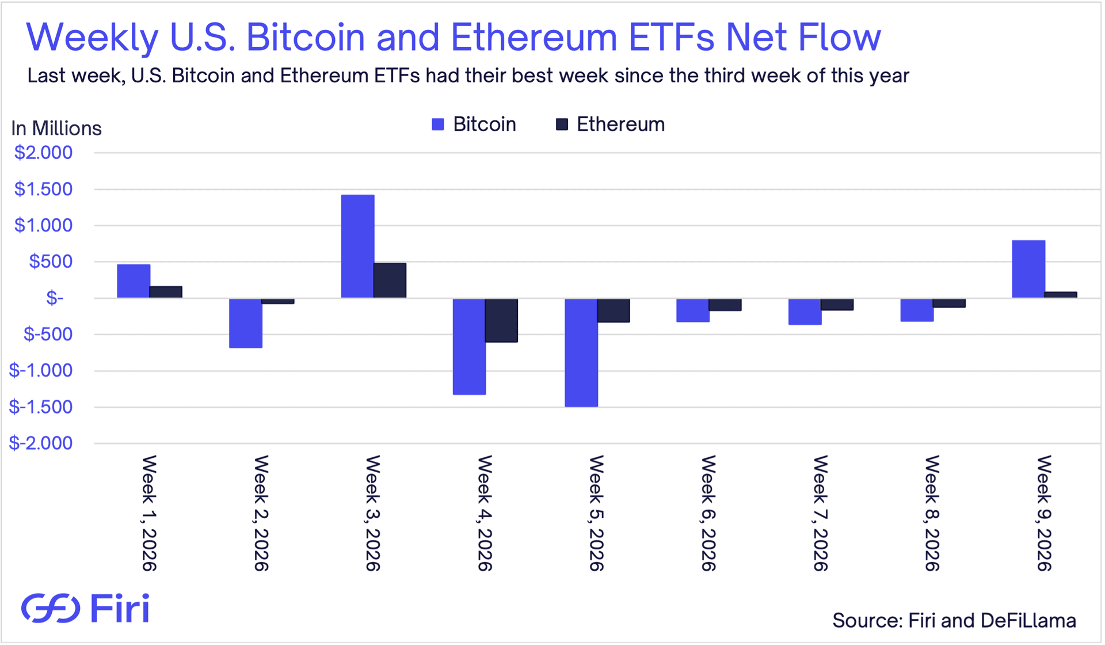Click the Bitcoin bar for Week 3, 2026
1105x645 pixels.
pos(357,246)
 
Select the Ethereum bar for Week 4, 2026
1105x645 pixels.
pos(501,320)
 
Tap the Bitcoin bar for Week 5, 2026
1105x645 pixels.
pos(581,352)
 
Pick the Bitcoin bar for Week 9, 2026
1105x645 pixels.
pos(1028,269)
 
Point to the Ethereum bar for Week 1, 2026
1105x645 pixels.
pos(166,292)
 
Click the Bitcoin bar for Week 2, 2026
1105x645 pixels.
pos(246,323)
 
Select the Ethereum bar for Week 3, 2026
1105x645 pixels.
pos(390,280)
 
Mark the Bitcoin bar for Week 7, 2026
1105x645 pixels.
pos(805,312)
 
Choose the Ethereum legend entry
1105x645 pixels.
pos(610,124)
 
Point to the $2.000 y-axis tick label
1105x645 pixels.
pos(44,153)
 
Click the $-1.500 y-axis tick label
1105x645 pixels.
pos(41,407)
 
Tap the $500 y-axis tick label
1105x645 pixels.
pos(51,261)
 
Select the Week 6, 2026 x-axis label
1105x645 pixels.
pos(708,513)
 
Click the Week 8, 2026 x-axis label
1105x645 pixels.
pos(932,513)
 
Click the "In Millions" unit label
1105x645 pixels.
pos(56,128)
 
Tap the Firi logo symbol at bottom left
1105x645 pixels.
pos(51,608)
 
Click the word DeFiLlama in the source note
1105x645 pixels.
pos(1028,621)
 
